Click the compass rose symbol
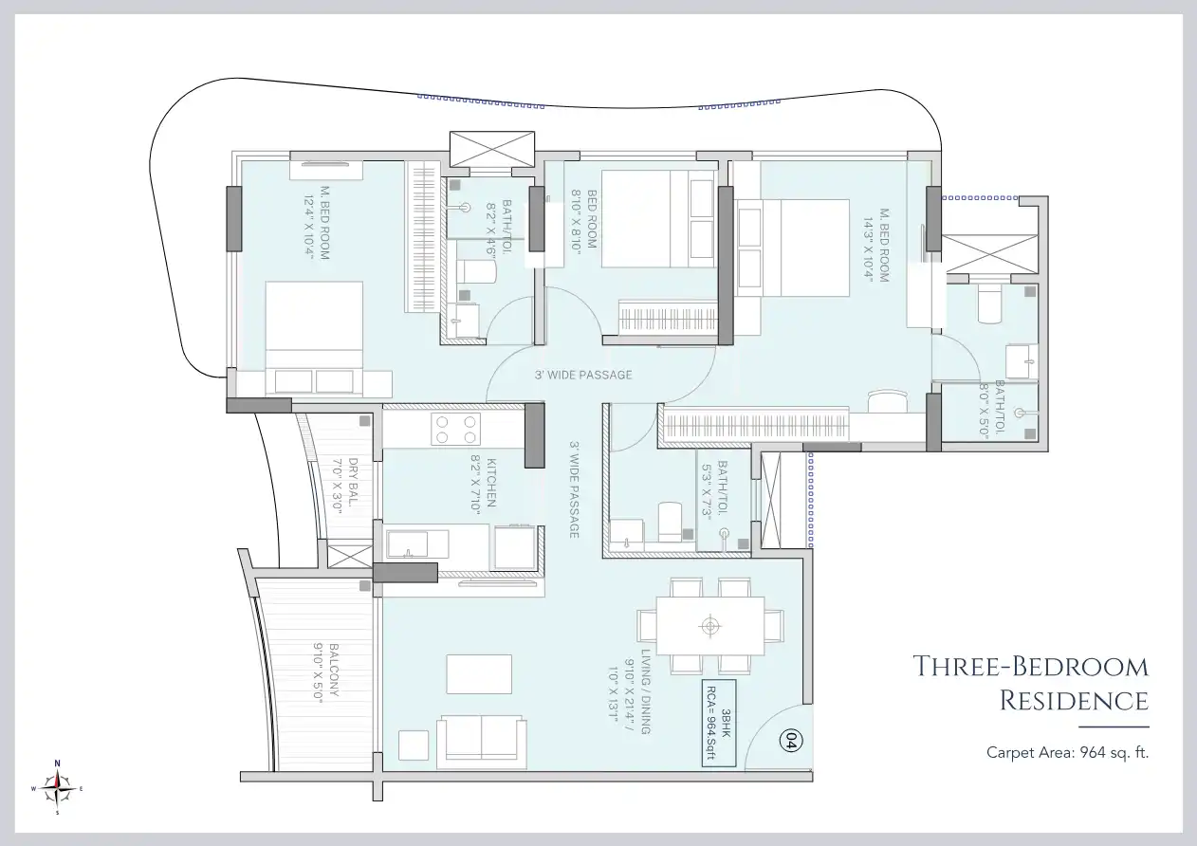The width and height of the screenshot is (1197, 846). tap(58, 787)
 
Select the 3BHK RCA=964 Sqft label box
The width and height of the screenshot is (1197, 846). tap(720, 728)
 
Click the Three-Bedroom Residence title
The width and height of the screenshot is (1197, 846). tap(1030, 683)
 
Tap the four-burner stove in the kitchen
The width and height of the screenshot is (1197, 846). tap(455, 429)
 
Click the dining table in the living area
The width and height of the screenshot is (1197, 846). tap(710, 625)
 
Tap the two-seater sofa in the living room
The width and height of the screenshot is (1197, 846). tap(481, 736)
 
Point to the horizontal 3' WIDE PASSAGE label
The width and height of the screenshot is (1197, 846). tap(582, 375)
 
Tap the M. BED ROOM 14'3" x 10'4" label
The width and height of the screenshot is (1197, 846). tap(883, 246)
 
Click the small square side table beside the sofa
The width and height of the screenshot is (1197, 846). tap(414, 744)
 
